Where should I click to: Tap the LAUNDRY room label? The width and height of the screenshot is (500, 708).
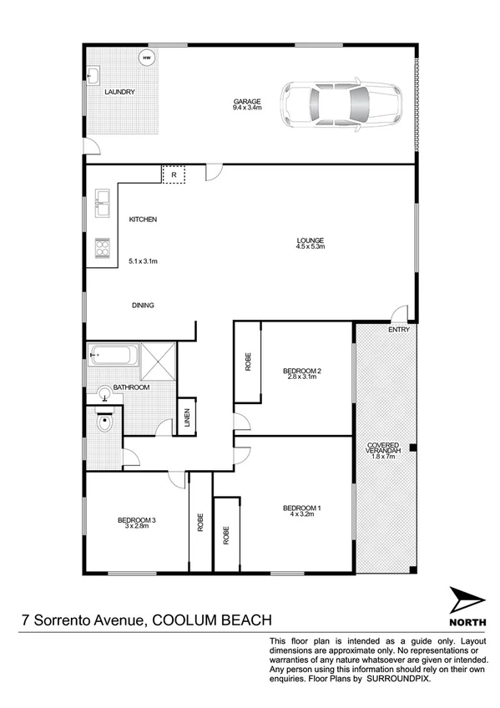pyautogui.click(x=119, y=92)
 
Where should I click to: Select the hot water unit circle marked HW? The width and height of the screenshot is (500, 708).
pyautogui.click(x=147, y=58)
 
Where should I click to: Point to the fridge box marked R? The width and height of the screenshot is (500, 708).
pyautogui.click(x=173, y=175)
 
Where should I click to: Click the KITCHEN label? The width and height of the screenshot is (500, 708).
pyautogui.click(x=143, y=220)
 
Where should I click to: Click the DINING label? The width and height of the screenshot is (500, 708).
pyautogui.click(x=143, y=306)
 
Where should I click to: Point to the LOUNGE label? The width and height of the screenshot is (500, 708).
pyautogui.click(x=310, y=243)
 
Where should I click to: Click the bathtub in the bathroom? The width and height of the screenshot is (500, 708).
pyautogui.click(x=112, y=356)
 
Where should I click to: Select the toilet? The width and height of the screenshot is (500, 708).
pyautogui.click(x=104, y=422)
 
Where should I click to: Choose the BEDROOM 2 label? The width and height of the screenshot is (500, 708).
pyautogui.click(x=302, y=373)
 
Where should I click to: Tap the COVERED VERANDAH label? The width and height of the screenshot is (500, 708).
pyautogui.click(x=386, y=448)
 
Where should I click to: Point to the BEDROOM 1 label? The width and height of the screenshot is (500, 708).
pyautogui.click(x=302, y=511)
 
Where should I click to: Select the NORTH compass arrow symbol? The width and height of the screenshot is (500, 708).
pyautogui.click(x=466, y=599)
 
